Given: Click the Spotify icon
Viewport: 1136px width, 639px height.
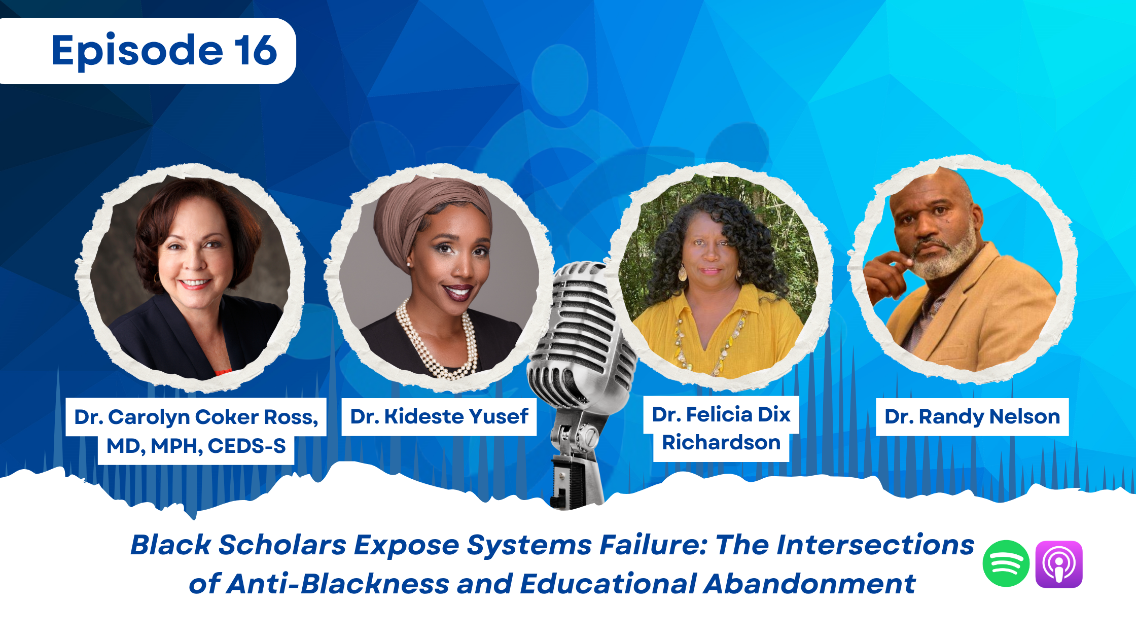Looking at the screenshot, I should pyautogui.click(x=1006, y=563).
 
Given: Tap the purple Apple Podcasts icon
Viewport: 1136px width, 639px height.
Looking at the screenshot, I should pyautogui.click(x=1059, y=564).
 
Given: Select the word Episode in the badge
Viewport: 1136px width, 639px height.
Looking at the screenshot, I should pyautogui.click(x=137, y=51).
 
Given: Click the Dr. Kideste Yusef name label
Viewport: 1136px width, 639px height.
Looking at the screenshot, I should pyautogui.click(x=439, y=417).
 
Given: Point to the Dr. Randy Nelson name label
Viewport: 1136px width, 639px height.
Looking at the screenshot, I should pyautogui.click(x=972, y=417).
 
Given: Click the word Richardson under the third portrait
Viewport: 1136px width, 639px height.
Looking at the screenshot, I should pyautogui.click(x=721, y=443).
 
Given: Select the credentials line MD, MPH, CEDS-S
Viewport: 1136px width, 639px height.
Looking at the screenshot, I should pyautogui.click(x=196, y=446).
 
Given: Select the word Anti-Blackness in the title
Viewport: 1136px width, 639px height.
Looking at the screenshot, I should pyautogui.click(x=337, y=584).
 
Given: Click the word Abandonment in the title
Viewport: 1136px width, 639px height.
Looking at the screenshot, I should pyautogui.click(x=809, y=584).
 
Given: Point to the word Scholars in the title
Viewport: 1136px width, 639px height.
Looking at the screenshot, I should pyautogui.click(x=282, y=545).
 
